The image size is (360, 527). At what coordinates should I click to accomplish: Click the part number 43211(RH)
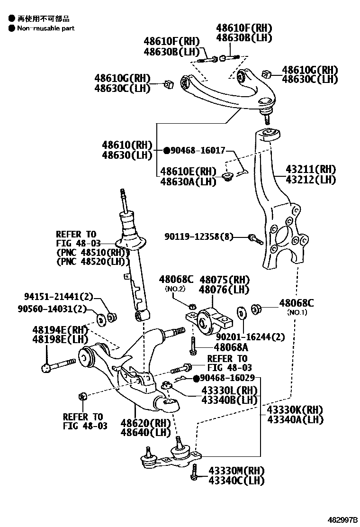click(310, 170)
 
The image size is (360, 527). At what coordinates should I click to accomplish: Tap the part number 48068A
click(220, 347)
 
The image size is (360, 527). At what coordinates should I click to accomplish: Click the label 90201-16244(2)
click(251, 337)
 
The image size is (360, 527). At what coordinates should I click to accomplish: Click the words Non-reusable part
click(46, 28)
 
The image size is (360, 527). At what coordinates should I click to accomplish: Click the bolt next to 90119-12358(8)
click(256, 239)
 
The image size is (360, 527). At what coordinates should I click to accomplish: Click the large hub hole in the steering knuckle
click(281, 236)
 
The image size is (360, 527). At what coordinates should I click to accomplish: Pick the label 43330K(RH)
click(295, 409)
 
